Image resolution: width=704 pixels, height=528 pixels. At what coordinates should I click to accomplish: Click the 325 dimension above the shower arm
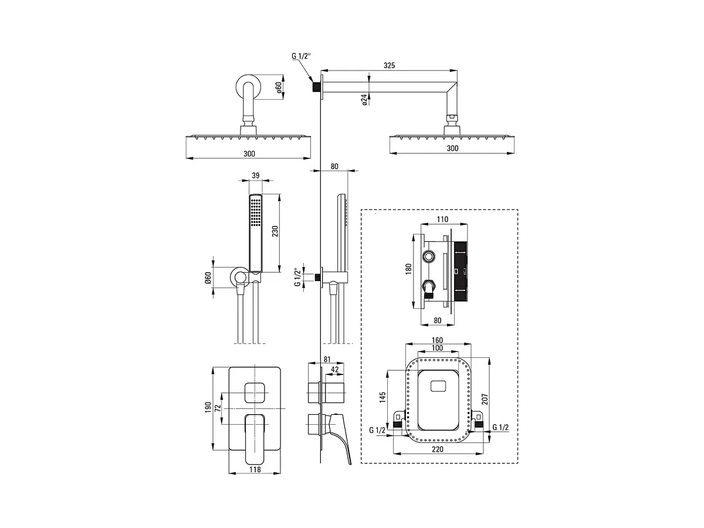point(389,65)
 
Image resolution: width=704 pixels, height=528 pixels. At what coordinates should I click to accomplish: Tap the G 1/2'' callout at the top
point(301,56)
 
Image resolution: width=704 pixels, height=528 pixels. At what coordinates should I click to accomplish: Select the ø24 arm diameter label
point(364,100)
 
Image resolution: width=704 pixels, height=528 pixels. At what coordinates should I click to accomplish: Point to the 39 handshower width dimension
point(256,175)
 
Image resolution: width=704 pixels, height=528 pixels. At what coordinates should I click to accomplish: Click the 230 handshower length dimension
point(275,231)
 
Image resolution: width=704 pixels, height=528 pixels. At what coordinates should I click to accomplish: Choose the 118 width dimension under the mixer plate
point(255,469)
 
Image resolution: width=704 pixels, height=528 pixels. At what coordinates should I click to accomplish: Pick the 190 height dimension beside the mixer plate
point(208,407)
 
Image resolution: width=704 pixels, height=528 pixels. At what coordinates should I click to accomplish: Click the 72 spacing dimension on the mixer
point(218,408)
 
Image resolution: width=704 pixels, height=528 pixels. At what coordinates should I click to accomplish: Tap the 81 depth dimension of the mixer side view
point(327,360)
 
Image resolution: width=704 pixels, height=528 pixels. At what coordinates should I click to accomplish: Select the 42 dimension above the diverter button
point(334,370)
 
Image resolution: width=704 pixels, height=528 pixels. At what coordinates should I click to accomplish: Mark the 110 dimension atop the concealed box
point(442,219)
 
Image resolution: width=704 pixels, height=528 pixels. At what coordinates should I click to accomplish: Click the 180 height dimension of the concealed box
point(408,269)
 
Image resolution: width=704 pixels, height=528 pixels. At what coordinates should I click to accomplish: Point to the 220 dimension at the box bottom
point(438,449)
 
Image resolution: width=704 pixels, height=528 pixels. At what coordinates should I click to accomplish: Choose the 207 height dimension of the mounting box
point(485,399)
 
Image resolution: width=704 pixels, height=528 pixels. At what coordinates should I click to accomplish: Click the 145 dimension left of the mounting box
point(383,397)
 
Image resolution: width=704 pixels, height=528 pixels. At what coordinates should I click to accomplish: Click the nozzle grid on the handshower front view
point(256,212)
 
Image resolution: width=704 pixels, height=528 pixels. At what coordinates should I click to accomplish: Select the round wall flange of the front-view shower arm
point(248,86)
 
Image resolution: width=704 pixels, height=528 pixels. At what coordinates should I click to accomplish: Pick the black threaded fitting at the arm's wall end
point(317,87)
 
